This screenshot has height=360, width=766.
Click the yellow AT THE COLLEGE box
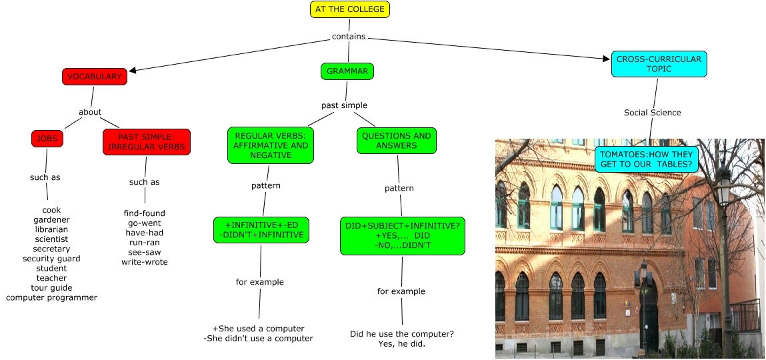[349, 9]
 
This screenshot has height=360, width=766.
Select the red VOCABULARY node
[94, 77]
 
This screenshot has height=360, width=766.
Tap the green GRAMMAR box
[347, 71]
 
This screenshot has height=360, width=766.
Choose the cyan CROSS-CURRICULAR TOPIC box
[659, 64]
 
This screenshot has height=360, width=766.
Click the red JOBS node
[47, 139]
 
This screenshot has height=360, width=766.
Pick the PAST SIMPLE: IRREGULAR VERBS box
[147, 142]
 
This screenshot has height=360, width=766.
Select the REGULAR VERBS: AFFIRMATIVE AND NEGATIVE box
[270, 145]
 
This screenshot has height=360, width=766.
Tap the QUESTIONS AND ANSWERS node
[396, 141]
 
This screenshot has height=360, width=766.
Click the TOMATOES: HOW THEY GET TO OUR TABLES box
[646, 159]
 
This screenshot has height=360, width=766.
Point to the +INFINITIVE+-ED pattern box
[261, 230]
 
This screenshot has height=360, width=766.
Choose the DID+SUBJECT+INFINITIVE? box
[401, 235]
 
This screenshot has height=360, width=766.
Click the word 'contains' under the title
[349, 37]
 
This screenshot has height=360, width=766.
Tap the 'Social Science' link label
[652, 113]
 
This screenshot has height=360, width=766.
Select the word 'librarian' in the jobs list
[51, 229]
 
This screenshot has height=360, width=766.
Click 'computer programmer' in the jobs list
[51, 297]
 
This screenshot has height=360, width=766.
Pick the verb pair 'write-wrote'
[145, 262]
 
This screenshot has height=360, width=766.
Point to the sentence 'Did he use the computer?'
[401, 334]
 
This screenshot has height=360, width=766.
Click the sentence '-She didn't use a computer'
[258, 339]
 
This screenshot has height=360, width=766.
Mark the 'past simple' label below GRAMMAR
[344, 105]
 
